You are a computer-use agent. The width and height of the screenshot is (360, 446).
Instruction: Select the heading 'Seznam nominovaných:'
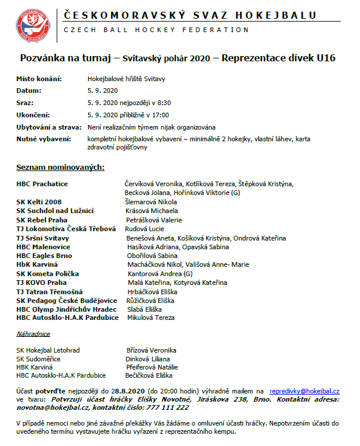(61, 168)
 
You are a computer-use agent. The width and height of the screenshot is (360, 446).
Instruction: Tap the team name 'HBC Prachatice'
(42, 184)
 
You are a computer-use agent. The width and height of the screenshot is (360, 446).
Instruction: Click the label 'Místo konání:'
(39, 78)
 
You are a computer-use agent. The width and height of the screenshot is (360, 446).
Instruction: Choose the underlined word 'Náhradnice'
(33, 334)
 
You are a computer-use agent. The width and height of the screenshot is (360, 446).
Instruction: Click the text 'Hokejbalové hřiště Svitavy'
(123, 78)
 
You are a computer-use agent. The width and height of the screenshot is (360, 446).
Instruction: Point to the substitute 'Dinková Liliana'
(148, 358)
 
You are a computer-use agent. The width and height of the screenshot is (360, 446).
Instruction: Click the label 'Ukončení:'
(33, 114)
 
